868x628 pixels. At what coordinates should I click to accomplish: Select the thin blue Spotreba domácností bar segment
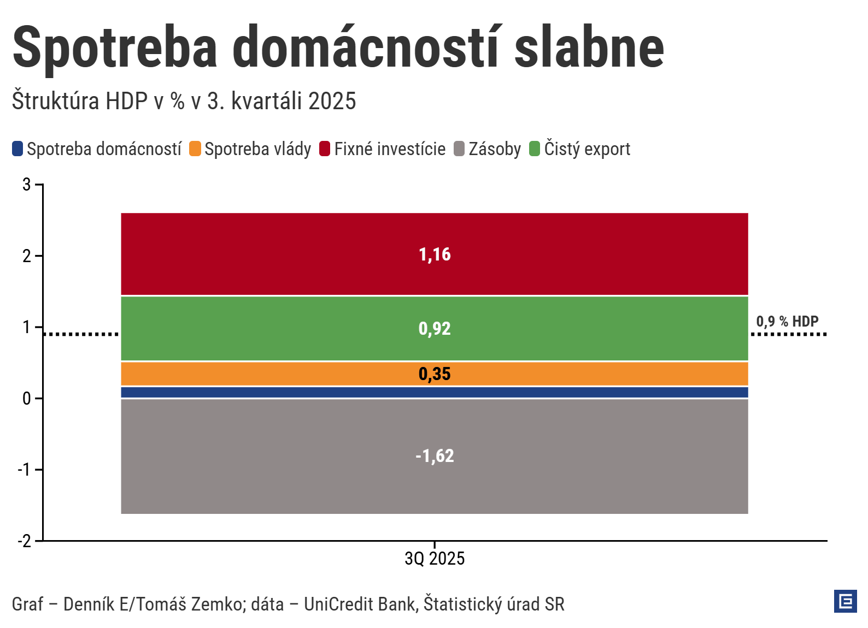435,392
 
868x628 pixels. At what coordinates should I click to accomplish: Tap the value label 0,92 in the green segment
435,329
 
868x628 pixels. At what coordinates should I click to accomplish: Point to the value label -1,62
435,456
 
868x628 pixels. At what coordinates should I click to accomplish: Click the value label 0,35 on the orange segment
435,374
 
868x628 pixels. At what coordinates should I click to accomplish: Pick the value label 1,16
435,254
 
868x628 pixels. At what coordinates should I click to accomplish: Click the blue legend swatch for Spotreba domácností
17,149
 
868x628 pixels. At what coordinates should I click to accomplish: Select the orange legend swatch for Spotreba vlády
195,149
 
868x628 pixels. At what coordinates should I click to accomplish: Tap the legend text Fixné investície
390,149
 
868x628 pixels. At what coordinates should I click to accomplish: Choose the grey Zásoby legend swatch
459,149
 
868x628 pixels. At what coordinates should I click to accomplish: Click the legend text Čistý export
587,149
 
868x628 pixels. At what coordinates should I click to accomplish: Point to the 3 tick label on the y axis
27,185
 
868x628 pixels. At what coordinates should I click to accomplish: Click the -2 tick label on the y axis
25,541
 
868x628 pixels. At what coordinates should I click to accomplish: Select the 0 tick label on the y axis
27,399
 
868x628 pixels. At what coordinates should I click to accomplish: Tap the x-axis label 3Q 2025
435,559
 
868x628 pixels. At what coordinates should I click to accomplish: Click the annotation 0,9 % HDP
787,322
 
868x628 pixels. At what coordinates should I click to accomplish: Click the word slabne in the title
589,48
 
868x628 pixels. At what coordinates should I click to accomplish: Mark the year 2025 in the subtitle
332,102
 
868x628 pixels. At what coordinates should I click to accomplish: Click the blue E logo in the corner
845,601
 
